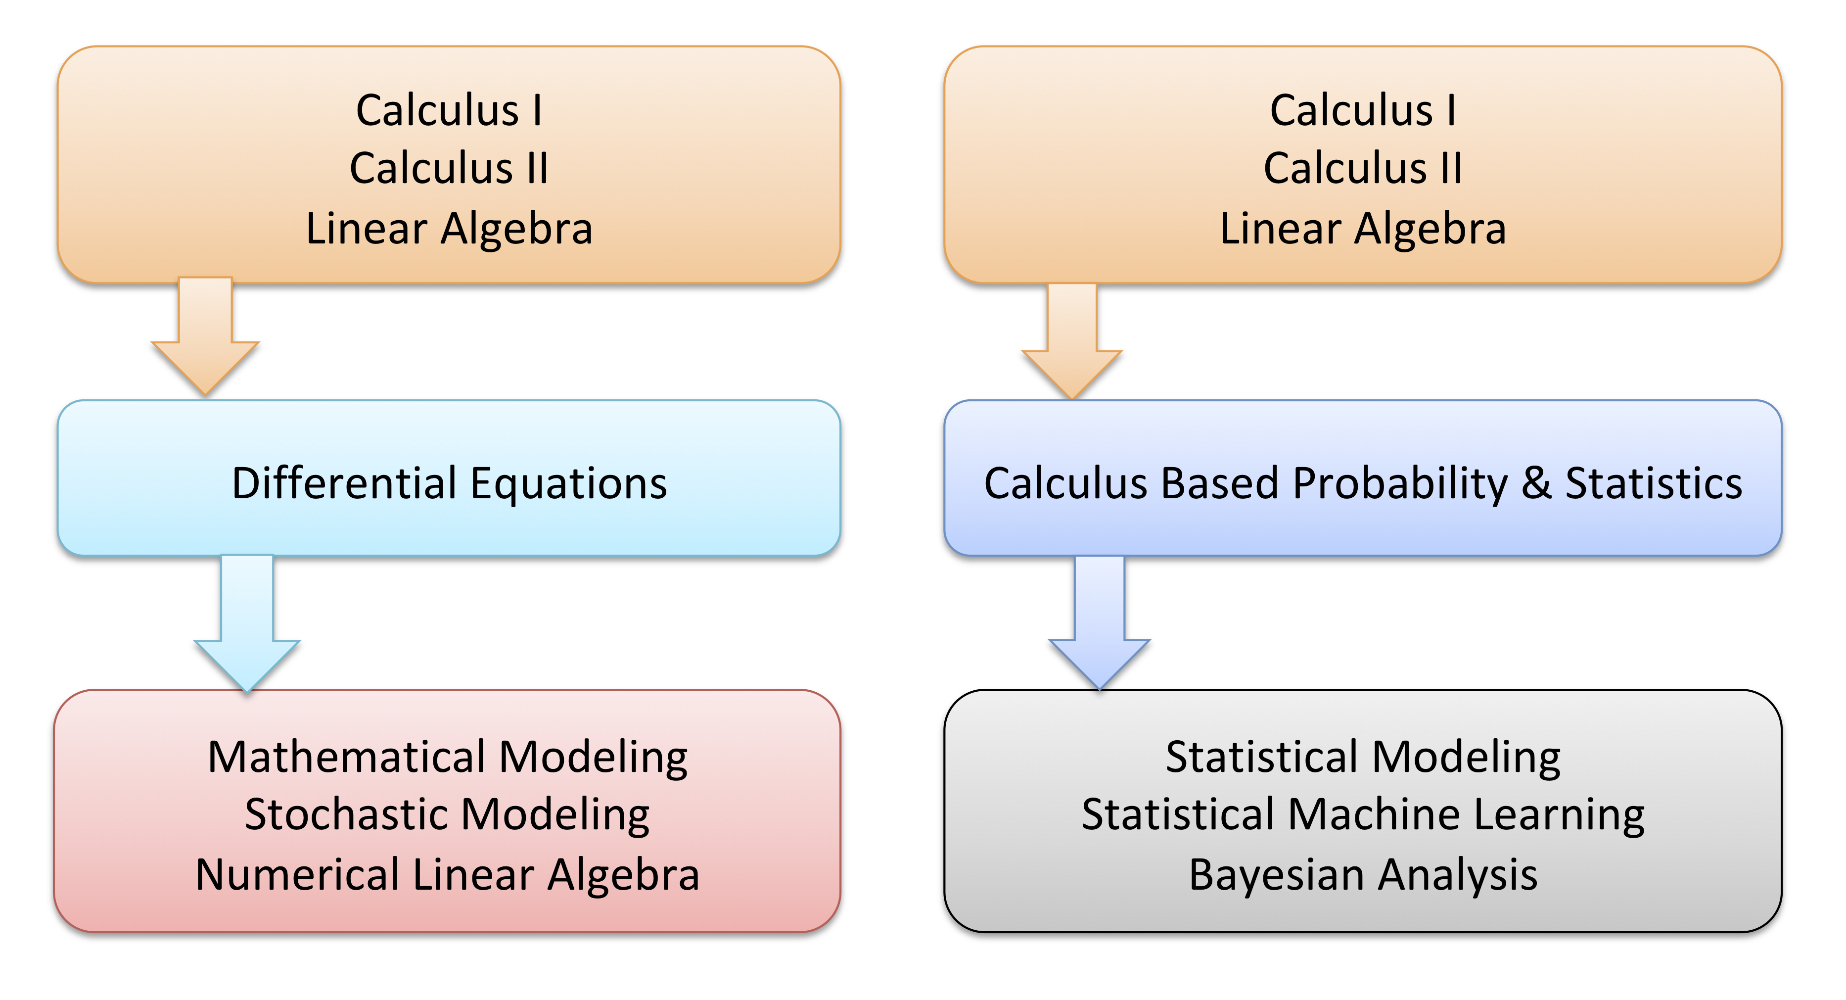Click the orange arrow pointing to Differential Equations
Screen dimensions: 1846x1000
click(205, 335)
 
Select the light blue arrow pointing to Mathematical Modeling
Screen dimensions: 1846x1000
click(247, 622)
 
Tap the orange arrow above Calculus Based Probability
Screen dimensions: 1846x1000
click(1072, 340)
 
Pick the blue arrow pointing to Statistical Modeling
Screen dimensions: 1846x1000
click(1099, 622)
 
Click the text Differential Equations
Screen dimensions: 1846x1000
click(449, 483)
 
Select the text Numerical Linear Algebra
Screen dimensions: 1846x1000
click(447, 874)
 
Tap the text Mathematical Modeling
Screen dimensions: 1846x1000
click(448, 758)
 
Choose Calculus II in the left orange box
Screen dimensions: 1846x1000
click(449, 168)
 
